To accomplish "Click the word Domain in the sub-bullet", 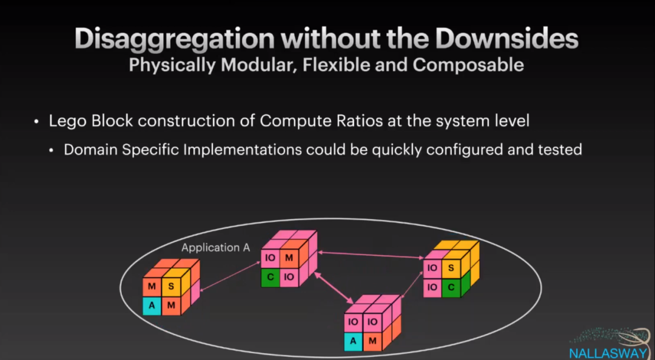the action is pyautogui.click(x=91, y=149).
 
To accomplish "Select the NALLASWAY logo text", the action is pyautogui.click(x=608, y=353).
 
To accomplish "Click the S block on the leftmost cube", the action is pyautogui.click(x=171, y=286).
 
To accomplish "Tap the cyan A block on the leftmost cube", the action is pyautogui.click(x=152, y=306).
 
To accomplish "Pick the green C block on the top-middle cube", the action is pyautogui.click(x=270, y=278).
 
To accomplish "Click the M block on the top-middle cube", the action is pyautogui.click(x=289, y=258).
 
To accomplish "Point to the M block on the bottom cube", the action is pyautogui.click(x=372, y=341).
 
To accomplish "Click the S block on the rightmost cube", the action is pyautogui.click(x=451, y=268).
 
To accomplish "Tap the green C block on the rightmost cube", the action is pyautogui.click(x=451, y=287).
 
